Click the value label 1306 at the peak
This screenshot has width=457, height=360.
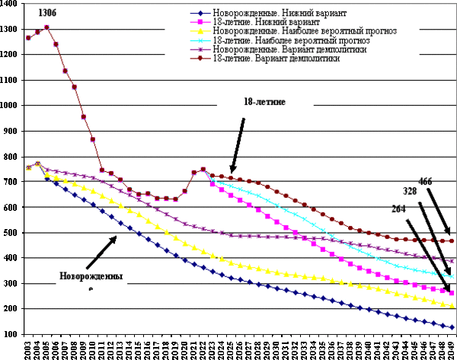pos(47,13)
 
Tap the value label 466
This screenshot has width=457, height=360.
pos(425,181)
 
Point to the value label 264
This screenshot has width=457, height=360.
pos(398,208)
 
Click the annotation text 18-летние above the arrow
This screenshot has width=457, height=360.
pos(264,101)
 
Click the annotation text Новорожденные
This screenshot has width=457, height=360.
pos(91,276)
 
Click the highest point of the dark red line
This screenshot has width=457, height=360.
pos(46,27)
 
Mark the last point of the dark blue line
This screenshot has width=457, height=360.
pos(452,327)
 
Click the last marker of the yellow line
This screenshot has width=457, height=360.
pos(452,305)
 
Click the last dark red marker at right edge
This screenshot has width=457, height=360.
pos(452,241)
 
